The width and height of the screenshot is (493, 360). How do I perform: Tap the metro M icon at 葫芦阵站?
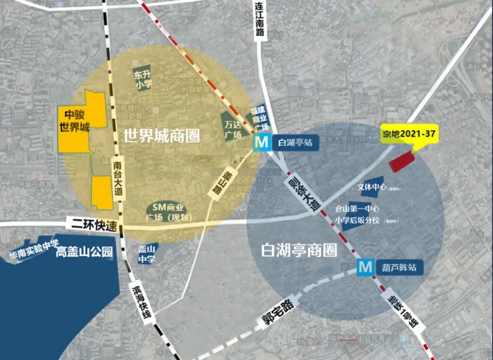[x=365, y=267]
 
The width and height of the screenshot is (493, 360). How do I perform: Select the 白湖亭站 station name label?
[x=295, y=143]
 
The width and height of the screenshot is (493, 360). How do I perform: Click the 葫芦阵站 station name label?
[x=399, y=267]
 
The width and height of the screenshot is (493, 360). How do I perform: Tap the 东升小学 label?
[x=142, y=79]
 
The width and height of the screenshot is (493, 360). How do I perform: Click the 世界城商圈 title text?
[x=162, y=136]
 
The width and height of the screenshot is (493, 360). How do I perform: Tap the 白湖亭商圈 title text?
[x=299, y=250]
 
